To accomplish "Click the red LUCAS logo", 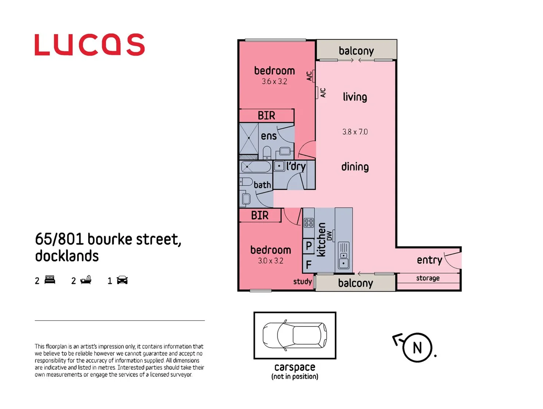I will click(x=89, y=45).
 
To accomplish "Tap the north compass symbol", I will click(x=417, y=347).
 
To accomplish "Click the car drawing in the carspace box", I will click(x=295, y=335).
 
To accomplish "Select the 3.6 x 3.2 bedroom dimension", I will click(x=274, y=81).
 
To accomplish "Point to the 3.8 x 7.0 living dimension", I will click(x=355, y=132).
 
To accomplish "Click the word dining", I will click(x=355, y=167).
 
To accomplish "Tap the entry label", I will click(x=429, y=260).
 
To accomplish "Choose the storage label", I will click(x=428, y=278).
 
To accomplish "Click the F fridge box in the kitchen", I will click(x=309, y=264).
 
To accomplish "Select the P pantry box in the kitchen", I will click(x=309, y=246).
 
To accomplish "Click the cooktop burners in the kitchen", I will click(x=309, y=223).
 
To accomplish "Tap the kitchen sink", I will click(x=343, y=255).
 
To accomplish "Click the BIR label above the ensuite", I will click(x=266, y=116).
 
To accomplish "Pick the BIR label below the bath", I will click(x=260, y=215).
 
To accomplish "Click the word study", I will click(x=303, y=281).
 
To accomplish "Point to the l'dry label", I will click(x=296, y=166).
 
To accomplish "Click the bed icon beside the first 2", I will click(x=50, y=280).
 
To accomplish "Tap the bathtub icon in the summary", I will click(x=86, y=280).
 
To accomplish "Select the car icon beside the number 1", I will click(x=122, y=280).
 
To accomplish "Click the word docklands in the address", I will click(x=67, y=256).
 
